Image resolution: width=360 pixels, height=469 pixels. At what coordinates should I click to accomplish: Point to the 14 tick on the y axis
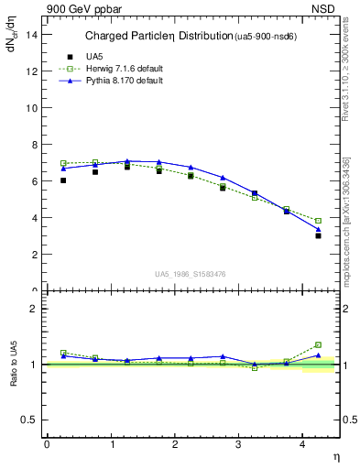point(34,34)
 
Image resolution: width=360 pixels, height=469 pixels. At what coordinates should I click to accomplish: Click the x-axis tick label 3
point(239,444)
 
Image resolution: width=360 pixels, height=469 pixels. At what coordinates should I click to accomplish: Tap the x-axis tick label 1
point(111,444)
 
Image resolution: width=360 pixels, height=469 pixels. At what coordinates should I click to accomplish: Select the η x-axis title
point(335,456)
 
